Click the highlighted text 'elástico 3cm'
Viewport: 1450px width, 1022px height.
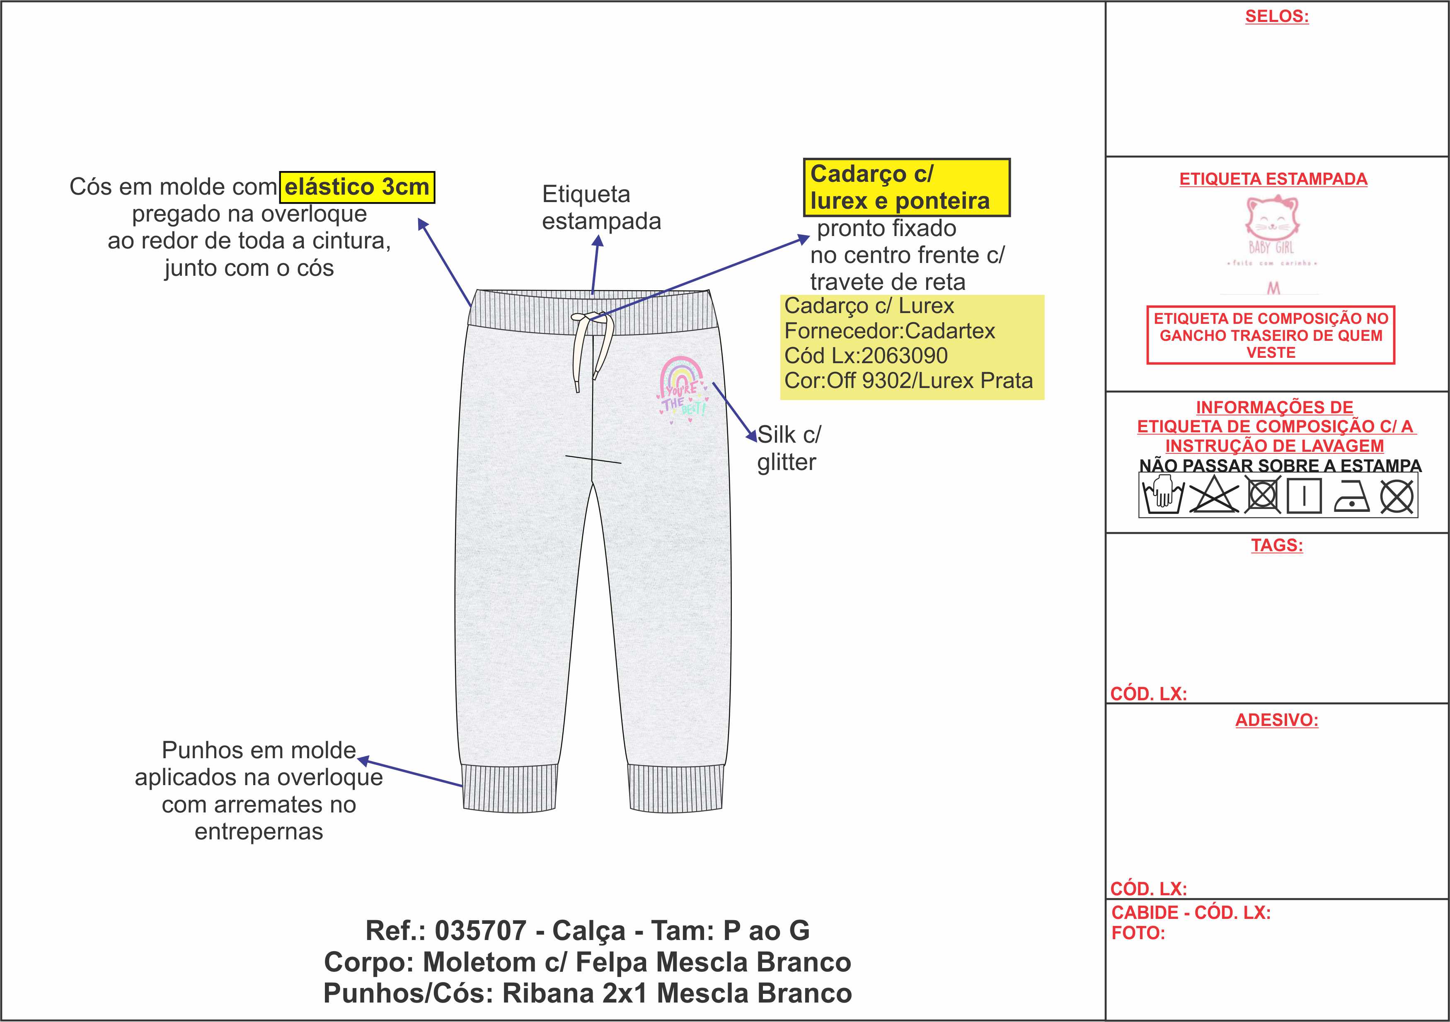(x=357, y=187)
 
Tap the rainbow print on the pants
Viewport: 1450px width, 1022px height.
(x=682, y=386)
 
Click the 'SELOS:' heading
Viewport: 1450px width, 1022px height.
(x=1276, y=17)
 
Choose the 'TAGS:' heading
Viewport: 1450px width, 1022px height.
(x=1276, y=545)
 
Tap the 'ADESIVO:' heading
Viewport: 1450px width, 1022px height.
(x=1276, y=720)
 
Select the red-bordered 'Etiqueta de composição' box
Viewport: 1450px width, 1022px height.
(x=1270, y=335)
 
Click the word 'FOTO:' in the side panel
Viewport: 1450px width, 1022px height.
(x=1138, y=933)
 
